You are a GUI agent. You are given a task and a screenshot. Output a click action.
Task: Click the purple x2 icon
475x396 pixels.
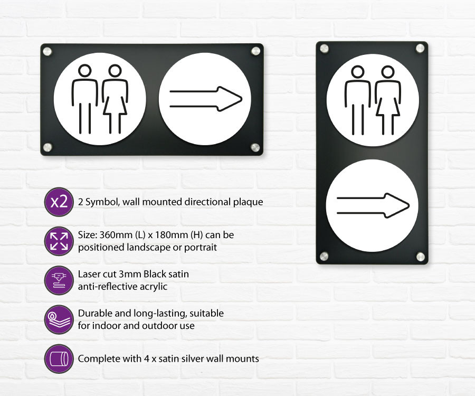pyautogui.click(x=59, y=202)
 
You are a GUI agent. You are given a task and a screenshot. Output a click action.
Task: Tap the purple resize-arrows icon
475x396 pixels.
pyautogui.click(x=59, y=241)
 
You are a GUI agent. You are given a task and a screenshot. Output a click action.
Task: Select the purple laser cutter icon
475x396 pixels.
pyautogui.click(x=59, y=280)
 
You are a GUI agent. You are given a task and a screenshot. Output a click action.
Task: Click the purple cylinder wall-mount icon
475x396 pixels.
pyautogui.click(x=59, y=359)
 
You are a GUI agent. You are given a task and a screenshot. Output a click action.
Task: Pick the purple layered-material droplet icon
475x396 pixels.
pyautogui.click(x=59, y=319)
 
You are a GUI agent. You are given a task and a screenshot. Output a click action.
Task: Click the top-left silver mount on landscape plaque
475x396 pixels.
pyautogui.click(x=47, y=52)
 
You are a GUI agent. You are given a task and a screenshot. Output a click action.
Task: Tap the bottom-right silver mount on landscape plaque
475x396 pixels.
pyautogui.click(x=255, y=147)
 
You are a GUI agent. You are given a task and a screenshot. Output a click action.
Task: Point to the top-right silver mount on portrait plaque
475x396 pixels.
pyautogui.click(x=420, y=48)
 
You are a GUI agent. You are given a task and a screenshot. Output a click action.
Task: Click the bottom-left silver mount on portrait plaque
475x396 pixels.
pyautogui.click(x=324, y=256)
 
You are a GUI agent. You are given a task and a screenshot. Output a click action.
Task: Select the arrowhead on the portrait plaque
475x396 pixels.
pyautogui.click(x=396, y=206)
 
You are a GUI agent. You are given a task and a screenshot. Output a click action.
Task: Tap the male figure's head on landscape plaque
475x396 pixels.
pyautogui.click(x=85, y=70)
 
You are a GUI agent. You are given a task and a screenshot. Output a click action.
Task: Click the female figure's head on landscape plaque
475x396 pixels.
pyautogui.click(x=115, y=70)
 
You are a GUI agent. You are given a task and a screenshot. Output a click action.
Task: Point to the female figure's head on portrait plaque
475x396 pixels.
pyautogui.click(x=388, y=72)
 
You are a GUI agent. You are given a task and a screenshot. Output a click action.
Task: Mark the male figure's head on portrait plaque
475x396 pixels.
pyautogui.click(x=358, y=72)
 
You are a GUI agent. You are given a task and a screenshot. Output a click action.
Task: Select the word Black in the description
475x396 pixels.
pyautogui.click(x=154, y=274)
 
